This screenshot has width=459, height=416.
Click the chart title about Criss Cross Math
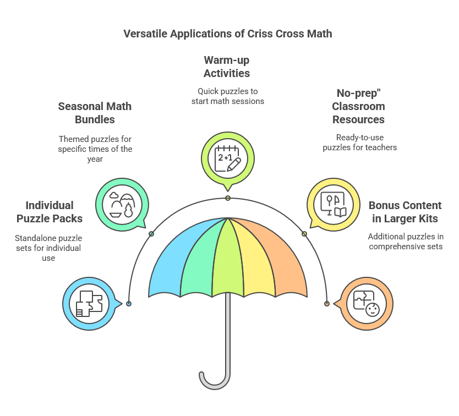(227, 34)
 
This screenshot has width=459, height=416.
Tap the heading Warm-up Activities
(227, 67)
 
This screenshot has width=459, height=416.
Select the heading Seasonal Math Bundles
(95, 113)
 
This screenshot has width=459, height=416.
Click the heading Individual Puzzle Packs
(50, 212)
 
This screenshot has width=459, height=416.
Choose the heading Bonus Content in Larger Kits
(405, 212)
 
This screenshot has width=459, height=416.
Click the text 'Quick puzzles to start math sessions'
(227, 96)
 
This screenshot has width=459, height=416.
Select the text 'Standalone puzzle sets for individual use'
(48, 248)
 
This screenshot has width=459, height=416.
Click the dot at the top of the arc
(227, 198)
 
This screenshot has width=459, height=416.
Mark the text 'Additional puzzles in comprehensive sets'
(406, 242)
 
